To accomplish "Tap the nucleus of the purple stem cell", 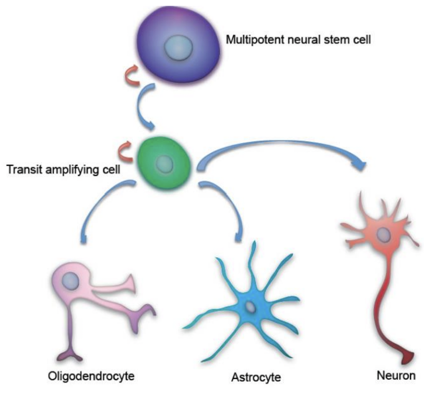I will pos(178,49).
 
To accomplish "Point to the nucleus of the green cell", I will pos(165,164).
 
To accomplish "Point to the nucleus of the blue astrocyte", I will pos(249,307).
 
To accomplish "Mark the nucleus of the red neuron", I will pos(383,235).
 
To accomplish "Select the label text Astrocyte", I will pos(251,377).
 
